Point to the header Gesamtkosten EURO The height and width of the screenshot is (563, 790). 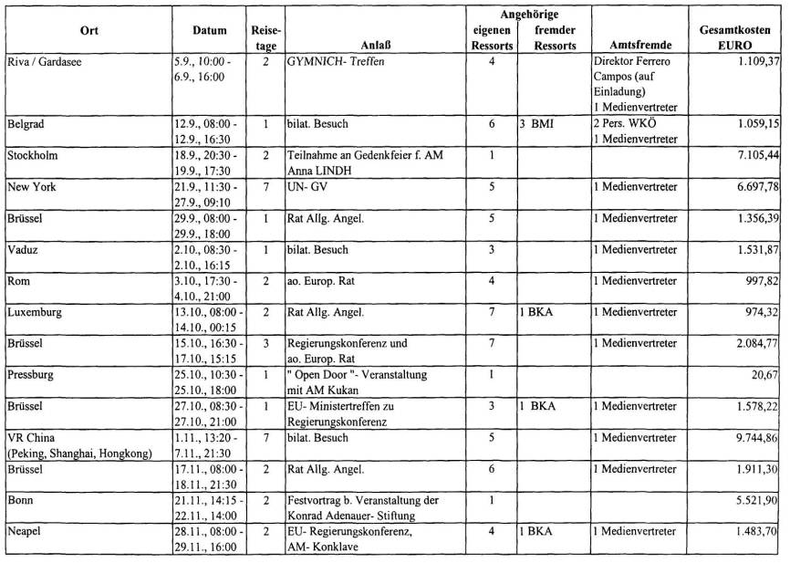click(740, 37)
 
